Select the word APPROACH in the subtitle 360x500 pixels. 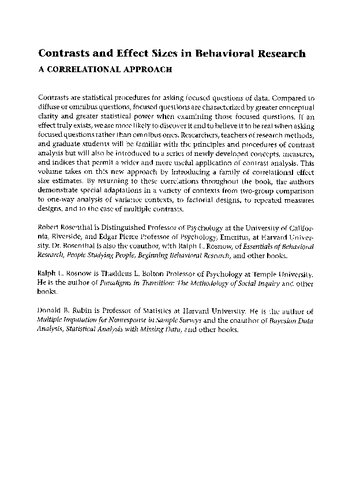pyautogui.click(x=186, y=70)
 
